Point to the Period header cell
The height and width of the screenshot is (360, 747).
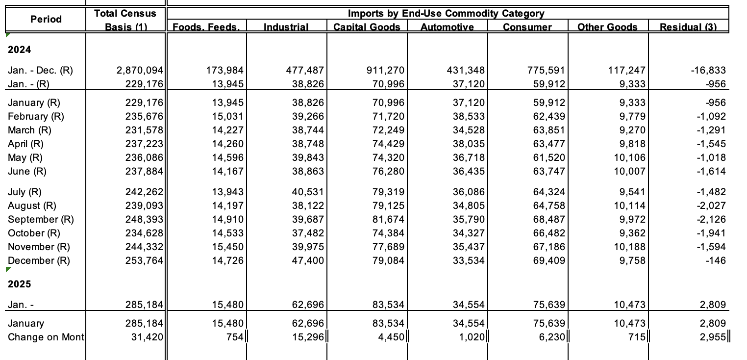[x=46, y=19]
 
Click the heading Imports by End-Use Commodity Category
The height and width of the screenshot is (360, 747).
[x=446, y=13]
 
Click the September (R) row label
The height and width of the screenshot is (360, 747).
[x=41, y=219]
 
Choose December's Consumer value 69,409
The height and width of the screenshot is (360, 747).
[x=549, y=260]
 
